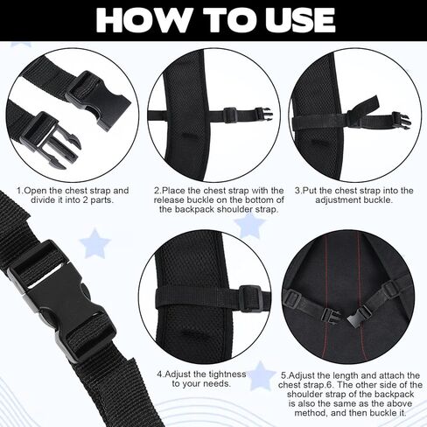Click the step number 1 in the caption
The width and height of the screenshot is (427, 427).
click(19, 190)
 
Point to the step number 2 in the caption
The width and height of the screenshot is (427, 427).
click(157, 190)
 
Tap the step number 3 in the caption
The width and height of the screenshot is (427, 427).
click(297, 190)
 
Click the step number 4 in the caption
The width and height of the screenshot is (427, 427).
click(160, 374)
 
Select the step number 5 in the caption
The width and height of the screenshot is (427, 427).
click(283, 374)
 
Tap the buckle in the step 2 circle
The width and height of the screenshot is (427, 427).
click(230, 114)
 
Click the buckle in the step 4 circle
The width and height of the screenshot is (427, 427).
click(251, 299)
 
